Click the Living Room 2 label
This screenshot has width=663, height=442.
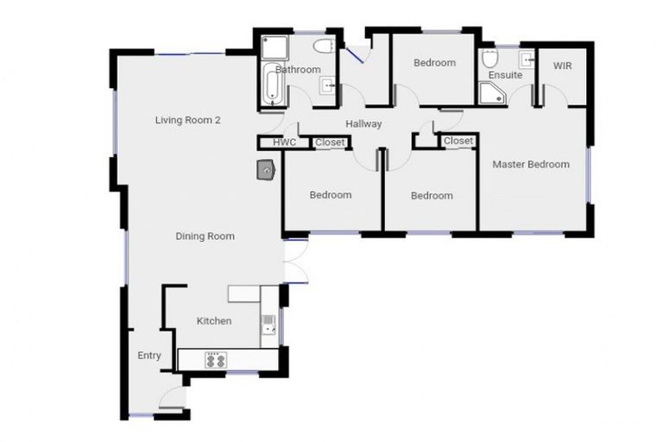[187, 120]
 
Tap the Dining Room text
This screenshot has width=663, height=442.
[205, 236]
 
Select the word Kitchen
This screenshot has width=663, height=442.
[214, 321]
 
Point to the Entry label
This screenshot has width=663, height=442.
[149, 356]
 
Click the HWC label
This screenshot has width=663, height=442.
[284, 142]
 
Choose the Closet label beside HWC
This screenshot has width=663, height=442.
[330, 142]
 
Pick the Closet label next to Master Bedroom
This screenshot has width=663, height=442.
[458, 141]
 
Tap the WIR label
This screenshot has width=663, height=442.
[563, 66]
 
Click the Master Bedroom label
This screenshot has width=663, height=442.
[531, 164]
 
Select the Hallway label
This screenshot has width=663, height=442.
[363, 124]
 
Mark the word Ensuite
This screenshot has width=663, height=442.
[505, 75]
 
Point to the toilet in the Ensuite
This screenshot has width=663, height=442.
[489, 59]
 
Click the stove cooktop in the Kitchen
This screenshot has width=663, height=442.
[215, 360]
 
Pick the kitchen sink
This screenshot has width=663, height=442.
[268, 325]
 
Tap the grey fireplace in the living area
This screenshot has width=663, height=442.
[266, 170]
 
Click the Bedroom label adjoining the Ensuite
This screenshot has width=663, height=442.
[434, 62]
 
